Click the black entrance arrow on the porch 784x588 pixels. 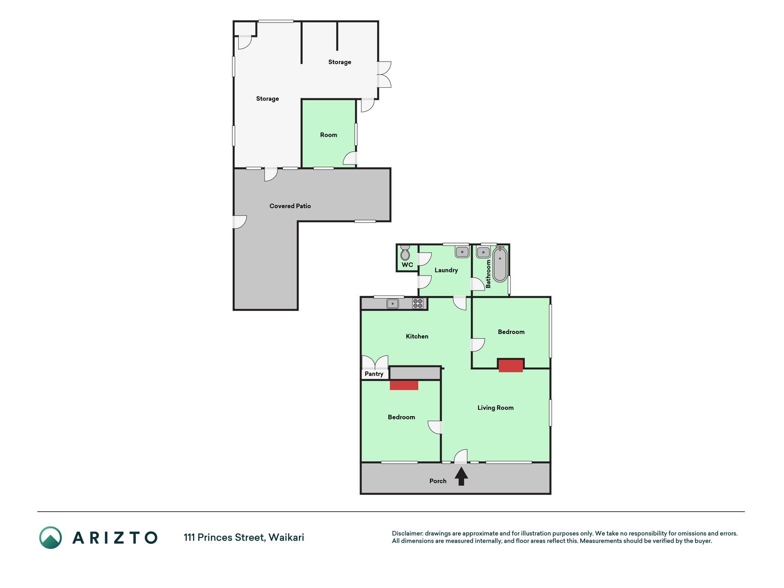pos(461,476)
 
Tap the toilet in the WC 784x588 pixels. pos(405,253)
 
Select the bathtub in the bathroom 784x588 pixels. pos(500,264)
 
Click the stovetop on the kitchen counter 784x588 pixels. pos(417,303)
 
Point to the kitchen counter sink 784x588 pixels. pos(393,303)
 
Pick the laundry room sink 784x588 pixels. pos(462,252)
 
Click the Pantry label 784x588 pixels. pos(374,374)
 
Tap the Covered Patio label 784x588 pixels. pos(290,206)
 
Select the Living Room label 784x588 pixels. pos(496,408)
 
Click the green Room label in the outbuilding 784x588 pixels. pos(329,135)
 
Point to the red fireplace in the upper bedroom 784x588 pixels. pos(511,366)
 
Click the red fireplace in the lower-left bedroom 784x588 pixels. pos(404,385)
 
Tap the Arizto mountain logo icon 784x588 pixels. pos(51,537)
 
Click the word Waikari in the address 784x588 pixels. pos(286,537)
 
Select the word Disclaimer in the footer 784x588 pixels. pos(407,533)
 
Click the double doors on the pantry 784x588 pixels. pos(375,362)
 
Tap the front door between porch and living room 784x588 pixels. pos(461,456)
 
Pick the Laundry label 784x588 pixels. pos(446,271)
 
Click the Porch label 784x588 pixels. pos(438,481)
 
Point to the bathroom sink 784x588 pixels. pos(484,252)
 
